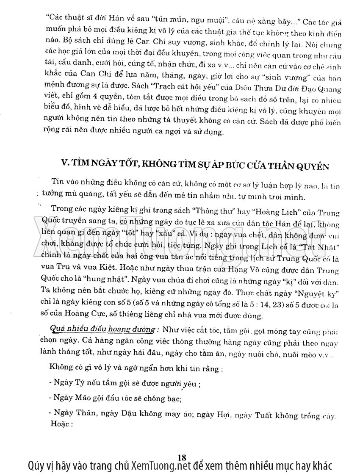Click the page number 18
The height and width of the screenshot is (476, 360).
tap(183, 457)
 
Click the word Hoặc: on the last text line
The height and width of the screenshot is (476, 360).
tap(61, 423)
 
